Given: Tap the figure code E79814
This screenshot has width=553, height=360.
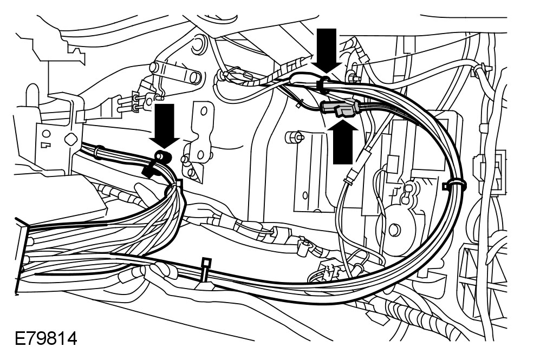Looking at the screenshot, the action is [46, 340].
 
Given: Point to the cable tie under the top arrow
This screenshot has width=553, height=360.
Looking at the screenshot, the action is [323, 83].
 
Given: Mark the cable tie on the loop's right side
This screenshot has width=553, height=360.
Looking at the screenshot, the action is [454, 186].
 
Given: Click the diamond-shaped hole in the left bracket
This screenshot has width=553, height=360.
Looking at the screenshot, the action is [69, 139].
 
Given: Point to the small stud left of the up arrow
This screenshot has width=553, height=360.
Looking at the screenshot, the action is [294, 136].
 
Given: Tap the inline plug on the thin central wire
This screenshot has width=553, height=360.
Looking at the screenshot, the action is [354, 175].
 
